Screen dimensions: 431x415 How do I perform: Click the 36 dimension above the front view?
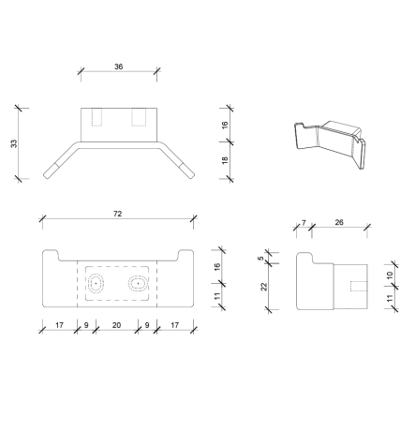click(118, 67)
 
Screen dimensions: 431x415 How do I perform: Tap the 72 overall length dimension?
click(118, 215)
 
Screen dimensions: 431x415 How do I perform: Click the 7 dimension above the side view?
click(303, 224)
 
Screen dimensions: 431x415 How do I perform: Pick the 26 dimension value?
click(338, 224)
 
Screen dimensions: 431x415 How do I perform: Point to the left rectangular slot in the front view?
click(98, 119)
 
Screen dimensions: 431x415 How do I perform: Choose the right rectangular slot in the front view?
click(139, 119)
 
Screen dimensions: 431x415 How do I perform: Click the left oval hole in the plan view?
click(96, 282)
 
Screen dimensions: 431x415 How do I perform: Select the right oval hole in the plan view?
click(138, 282)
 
